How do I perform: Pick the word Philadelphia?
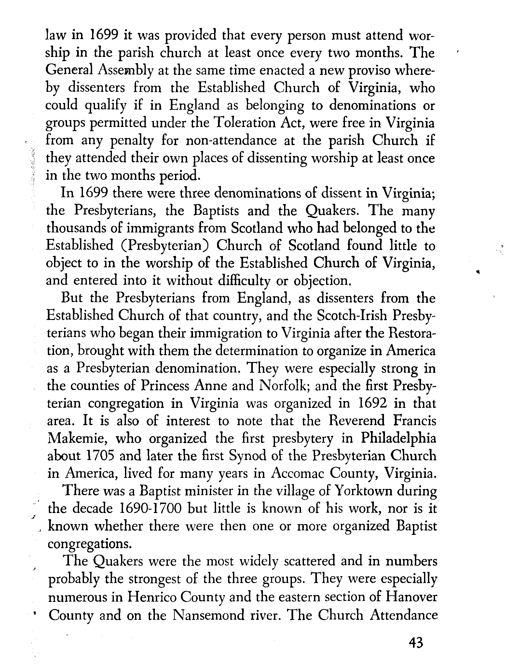[x=398, y=438]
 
